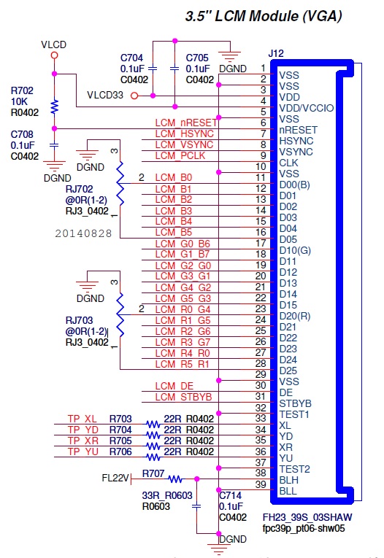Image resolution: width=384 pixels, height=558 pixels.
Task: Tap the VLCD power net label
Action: point(54,45)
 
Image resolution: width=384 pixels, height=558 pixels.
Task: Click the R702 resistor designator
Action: point(21,90)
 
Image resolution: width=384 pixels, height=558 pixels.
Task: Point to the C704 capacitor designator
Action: point(133,58)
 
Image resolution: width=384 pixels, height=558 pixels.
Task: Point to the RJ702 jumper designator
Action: point(80,189)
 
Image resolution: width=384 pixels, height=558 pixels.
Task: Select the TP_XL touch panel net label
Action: point(82,419)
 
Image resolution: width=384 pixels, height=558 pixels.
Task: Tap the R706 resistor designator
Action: point(120,452)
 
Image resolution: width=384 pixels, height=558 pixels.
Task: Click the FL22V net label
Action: point(116,479)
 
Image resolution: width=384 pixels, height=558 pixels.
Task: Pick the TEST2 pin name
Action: point(295,468)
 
